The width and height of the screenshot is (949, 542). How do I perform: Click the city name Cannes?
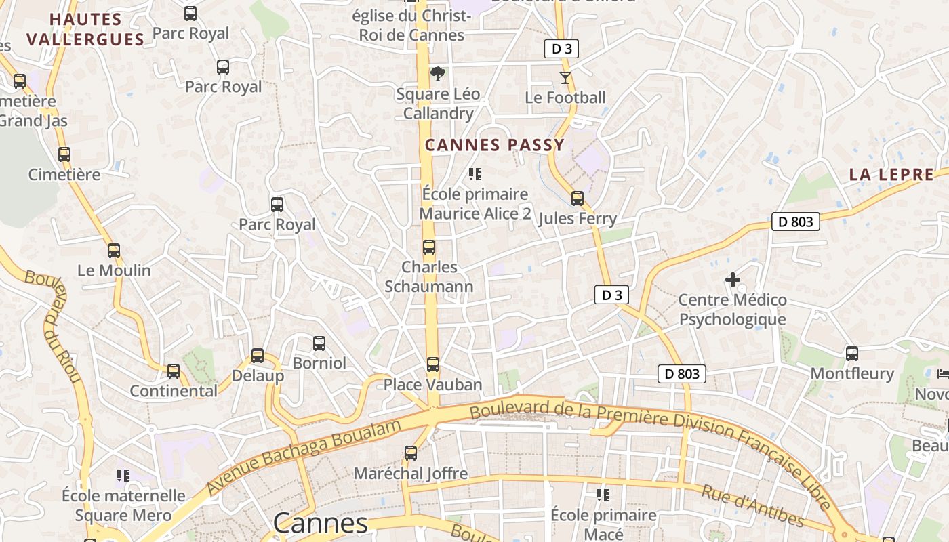[x=320, y=523]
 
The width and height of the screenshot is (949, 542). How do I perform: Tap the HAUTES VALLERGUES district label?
[x=85, y=29]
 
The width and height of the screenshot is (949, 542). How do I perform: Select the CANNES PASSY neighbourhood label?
[x=494, y=144]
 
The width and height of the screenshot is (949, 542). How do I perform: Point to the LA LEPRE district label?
[x=891, y=174]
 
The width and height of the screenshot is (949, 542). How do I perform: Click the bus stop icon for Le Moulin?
[x=114, y=251]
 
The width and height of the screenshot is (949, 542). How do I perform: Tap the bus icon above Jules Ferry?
[x=577, y=199]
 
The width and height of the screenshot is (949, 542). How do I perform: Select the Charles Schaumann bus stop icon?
[x=428, y=247]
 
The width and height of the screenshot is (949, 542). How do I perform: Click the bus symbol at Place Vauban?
[x=432, y=364]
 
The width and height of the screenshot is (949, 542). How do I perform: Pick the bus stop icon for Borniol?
[x=319, y=343]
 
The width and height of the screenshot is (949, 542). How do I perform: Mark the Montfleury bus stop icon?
[x=851, y=354]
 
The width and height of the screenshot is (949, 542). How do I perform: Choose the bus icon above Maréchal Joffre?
[x=410, y=453]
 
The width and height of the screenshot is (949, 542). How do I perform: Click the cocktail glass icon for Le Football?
[x=565, y=77]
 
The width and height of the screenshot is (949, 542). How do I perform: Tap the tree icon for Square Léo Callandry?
[x=438, y=74]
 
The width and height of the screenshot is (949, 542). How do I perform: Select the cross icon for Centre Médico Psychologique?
[x=732, y=279]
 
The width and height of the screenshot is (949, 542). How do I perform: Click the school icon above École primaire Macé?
[x=603, y=495]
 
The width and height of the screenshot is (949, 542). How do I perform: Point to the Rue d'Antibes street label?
[x=752, y=505]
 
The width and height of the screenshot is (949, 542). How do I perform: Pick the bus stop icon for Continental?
[x=174, y=371]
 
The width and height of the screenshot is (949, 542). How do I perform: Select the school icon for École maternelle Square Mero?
[x=123, y=476]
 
